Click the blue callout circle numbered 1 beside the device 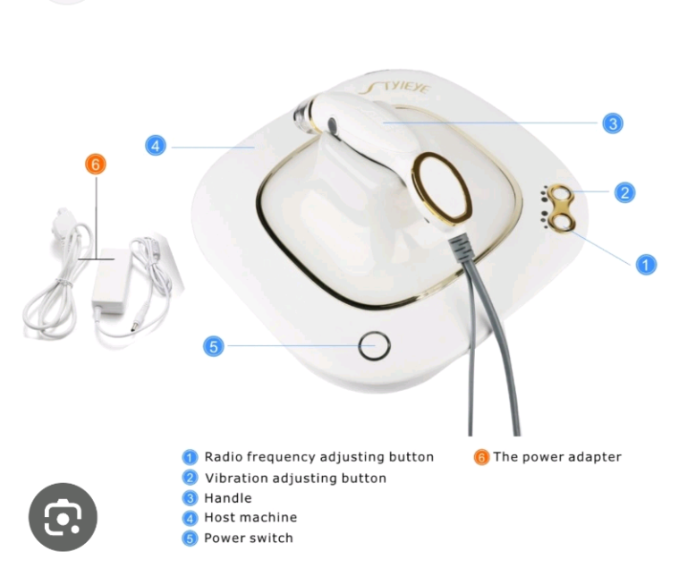(x=645, y=264)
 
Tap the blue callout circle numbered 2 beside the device (x=624, y=191)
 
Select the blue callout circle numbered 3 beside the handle (x=613, y=123)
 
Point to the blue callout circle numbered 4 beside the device (x=156, y=145)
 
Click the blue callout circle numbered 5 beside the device (x=213, y=345)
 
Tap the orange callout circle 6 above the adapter (x=96, y=164)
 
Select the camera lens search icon (x=63, y=517)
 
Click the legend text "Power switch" (x=248, y=538)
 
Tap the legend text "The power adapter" (x=556, y=456)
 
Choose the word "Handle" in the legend (x=227, y=497)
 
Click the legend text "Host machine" (x=250, y=517)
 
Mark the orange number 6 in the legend (x=481, y=457)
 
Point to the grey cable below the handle (x=489, y=340)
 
